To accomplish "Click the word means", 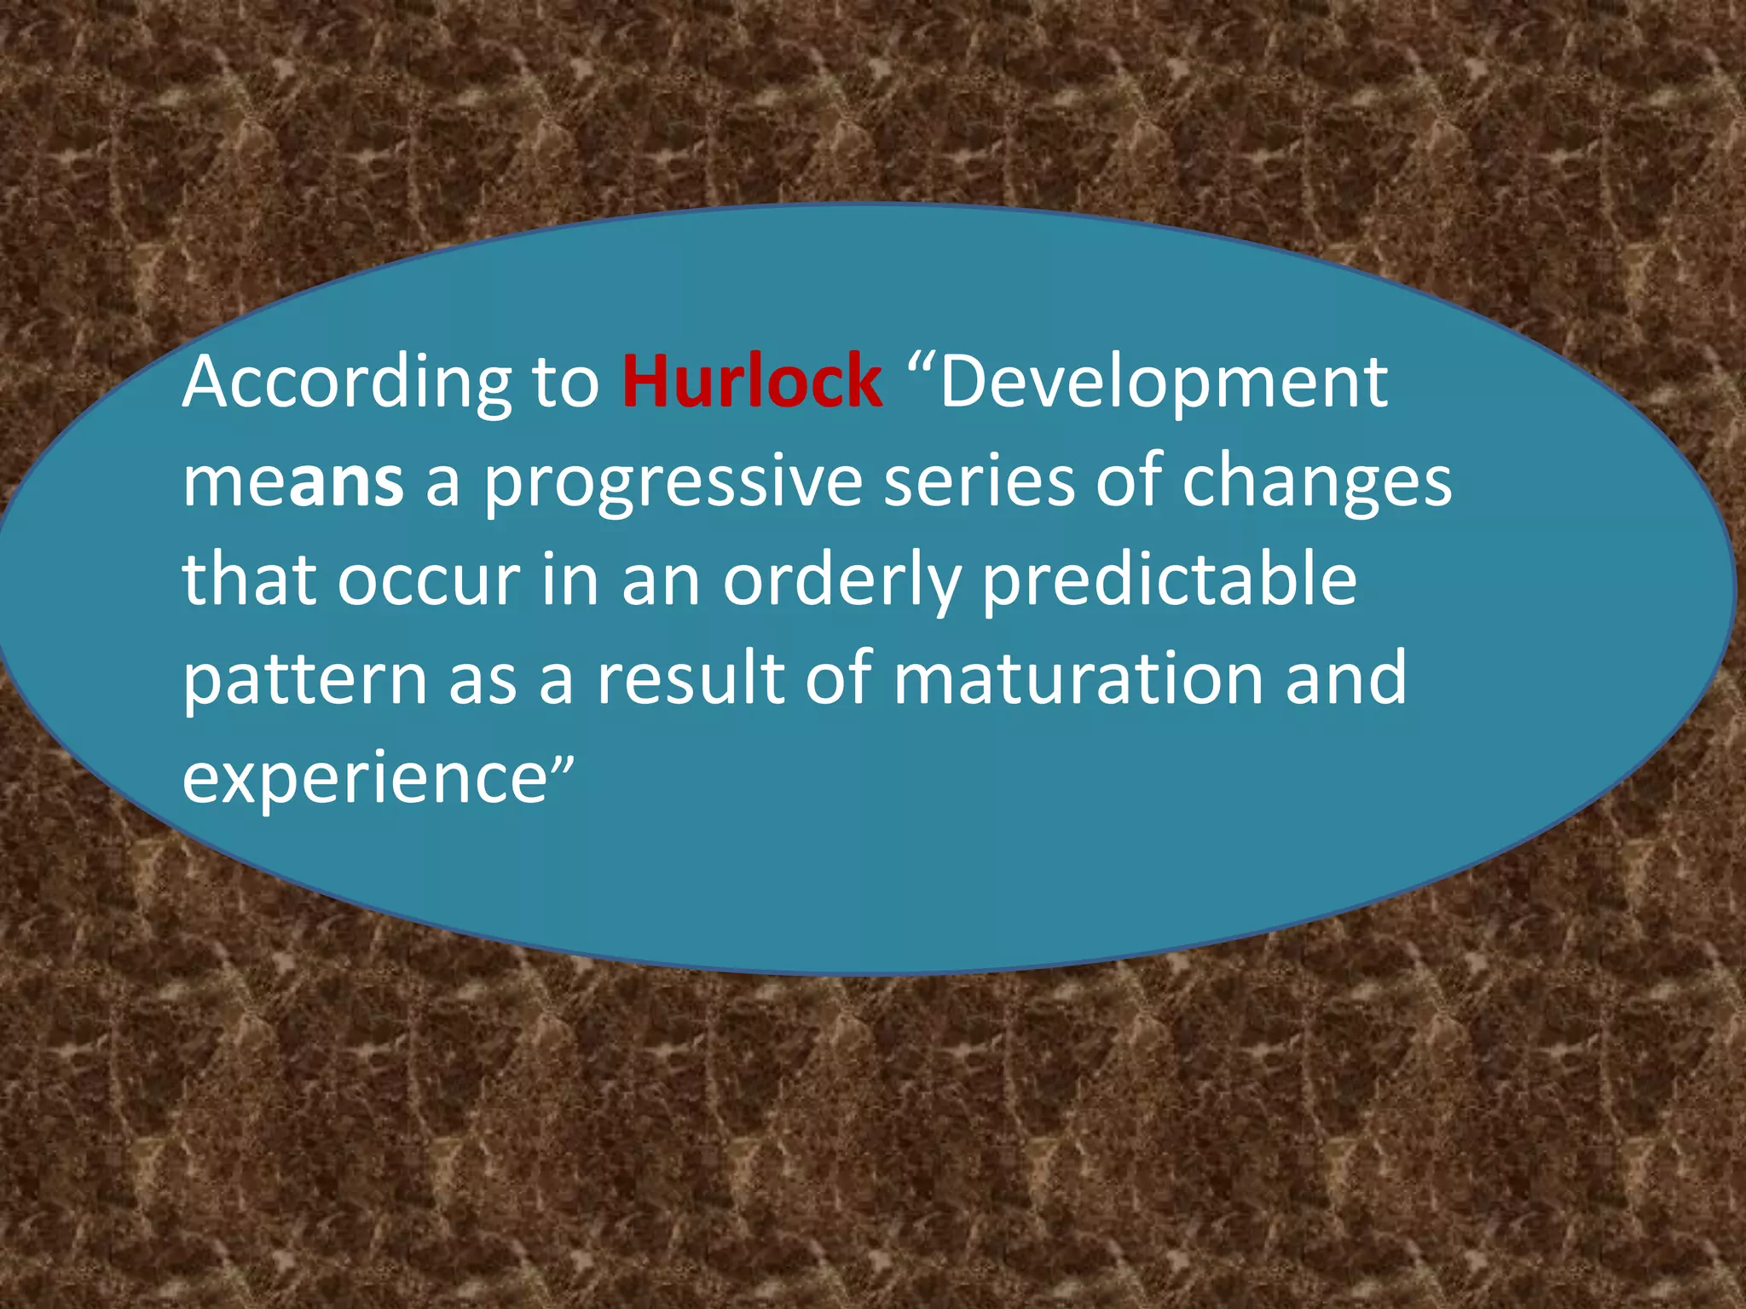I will click(x=292, y=482).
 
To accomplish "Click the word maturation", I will click(x=1078, y=678).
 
